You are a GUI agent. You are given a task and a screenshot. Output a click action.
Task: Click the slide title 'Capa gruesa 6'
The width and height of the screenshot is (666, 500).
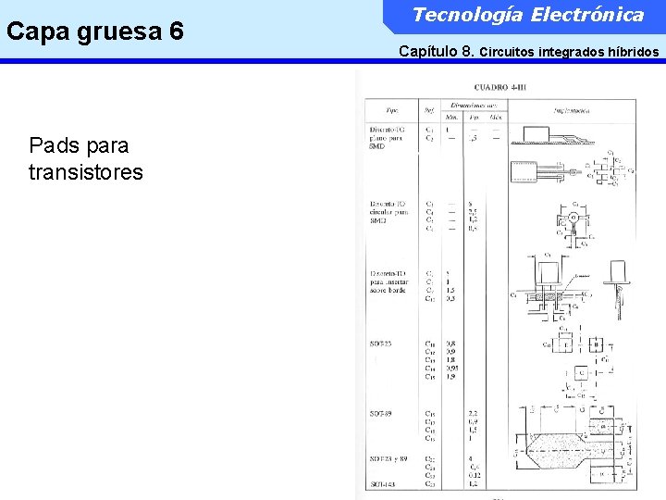click(94, 31)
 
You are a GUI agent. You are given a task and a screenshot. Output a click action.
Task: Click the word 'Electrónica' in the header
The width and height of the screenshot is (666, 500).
click(593, 15)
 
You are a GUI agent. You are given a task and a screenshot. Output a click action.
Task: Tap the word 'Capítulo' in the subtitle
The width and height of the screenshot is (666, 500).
click(430, 52)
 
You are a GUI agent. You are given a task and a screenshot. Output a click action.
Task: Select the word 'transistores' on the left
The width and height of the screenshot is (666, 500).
click(86, 172)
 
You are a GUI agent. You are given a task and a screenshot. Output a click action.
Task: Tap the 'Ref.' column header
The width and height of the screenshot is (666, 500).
click(430, 109)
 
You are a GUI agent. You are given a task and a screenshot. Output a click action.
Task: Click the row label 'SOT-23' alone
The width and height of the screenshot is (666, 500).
click(382, 344)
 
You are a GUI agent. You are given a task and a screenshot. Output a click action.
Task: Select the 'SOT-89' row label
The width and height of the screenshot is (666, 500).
click(382, 413)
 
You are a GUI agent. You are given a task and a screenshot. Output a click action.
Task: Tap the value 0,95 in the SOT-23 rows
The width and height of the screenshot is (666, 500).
click(451, 368)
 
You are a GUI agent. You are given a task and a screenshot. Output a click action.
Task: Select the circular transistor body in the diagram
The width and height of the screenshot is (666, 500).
click(573, 219)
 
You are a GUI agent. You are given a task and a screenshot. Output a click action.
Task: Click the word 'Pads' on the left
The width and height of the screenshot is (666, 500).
click(54, 145)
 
